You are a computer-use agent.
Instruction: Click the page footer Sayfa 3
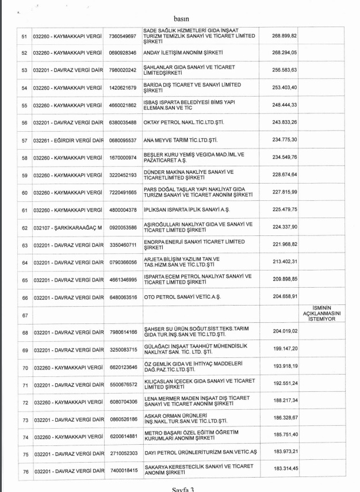(x=179, y=489)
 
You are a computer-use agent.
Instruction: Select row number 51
(x=24, y=36)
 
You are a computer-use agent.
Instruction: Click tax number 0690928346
(x=122, y=53)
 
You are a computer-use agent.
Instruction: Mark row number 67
(x=24, y=315)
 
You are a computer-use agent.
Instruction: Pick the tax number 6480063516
(x=122, y=298)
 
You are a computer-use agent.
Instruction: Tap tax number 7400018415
(x=122, y=471)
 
